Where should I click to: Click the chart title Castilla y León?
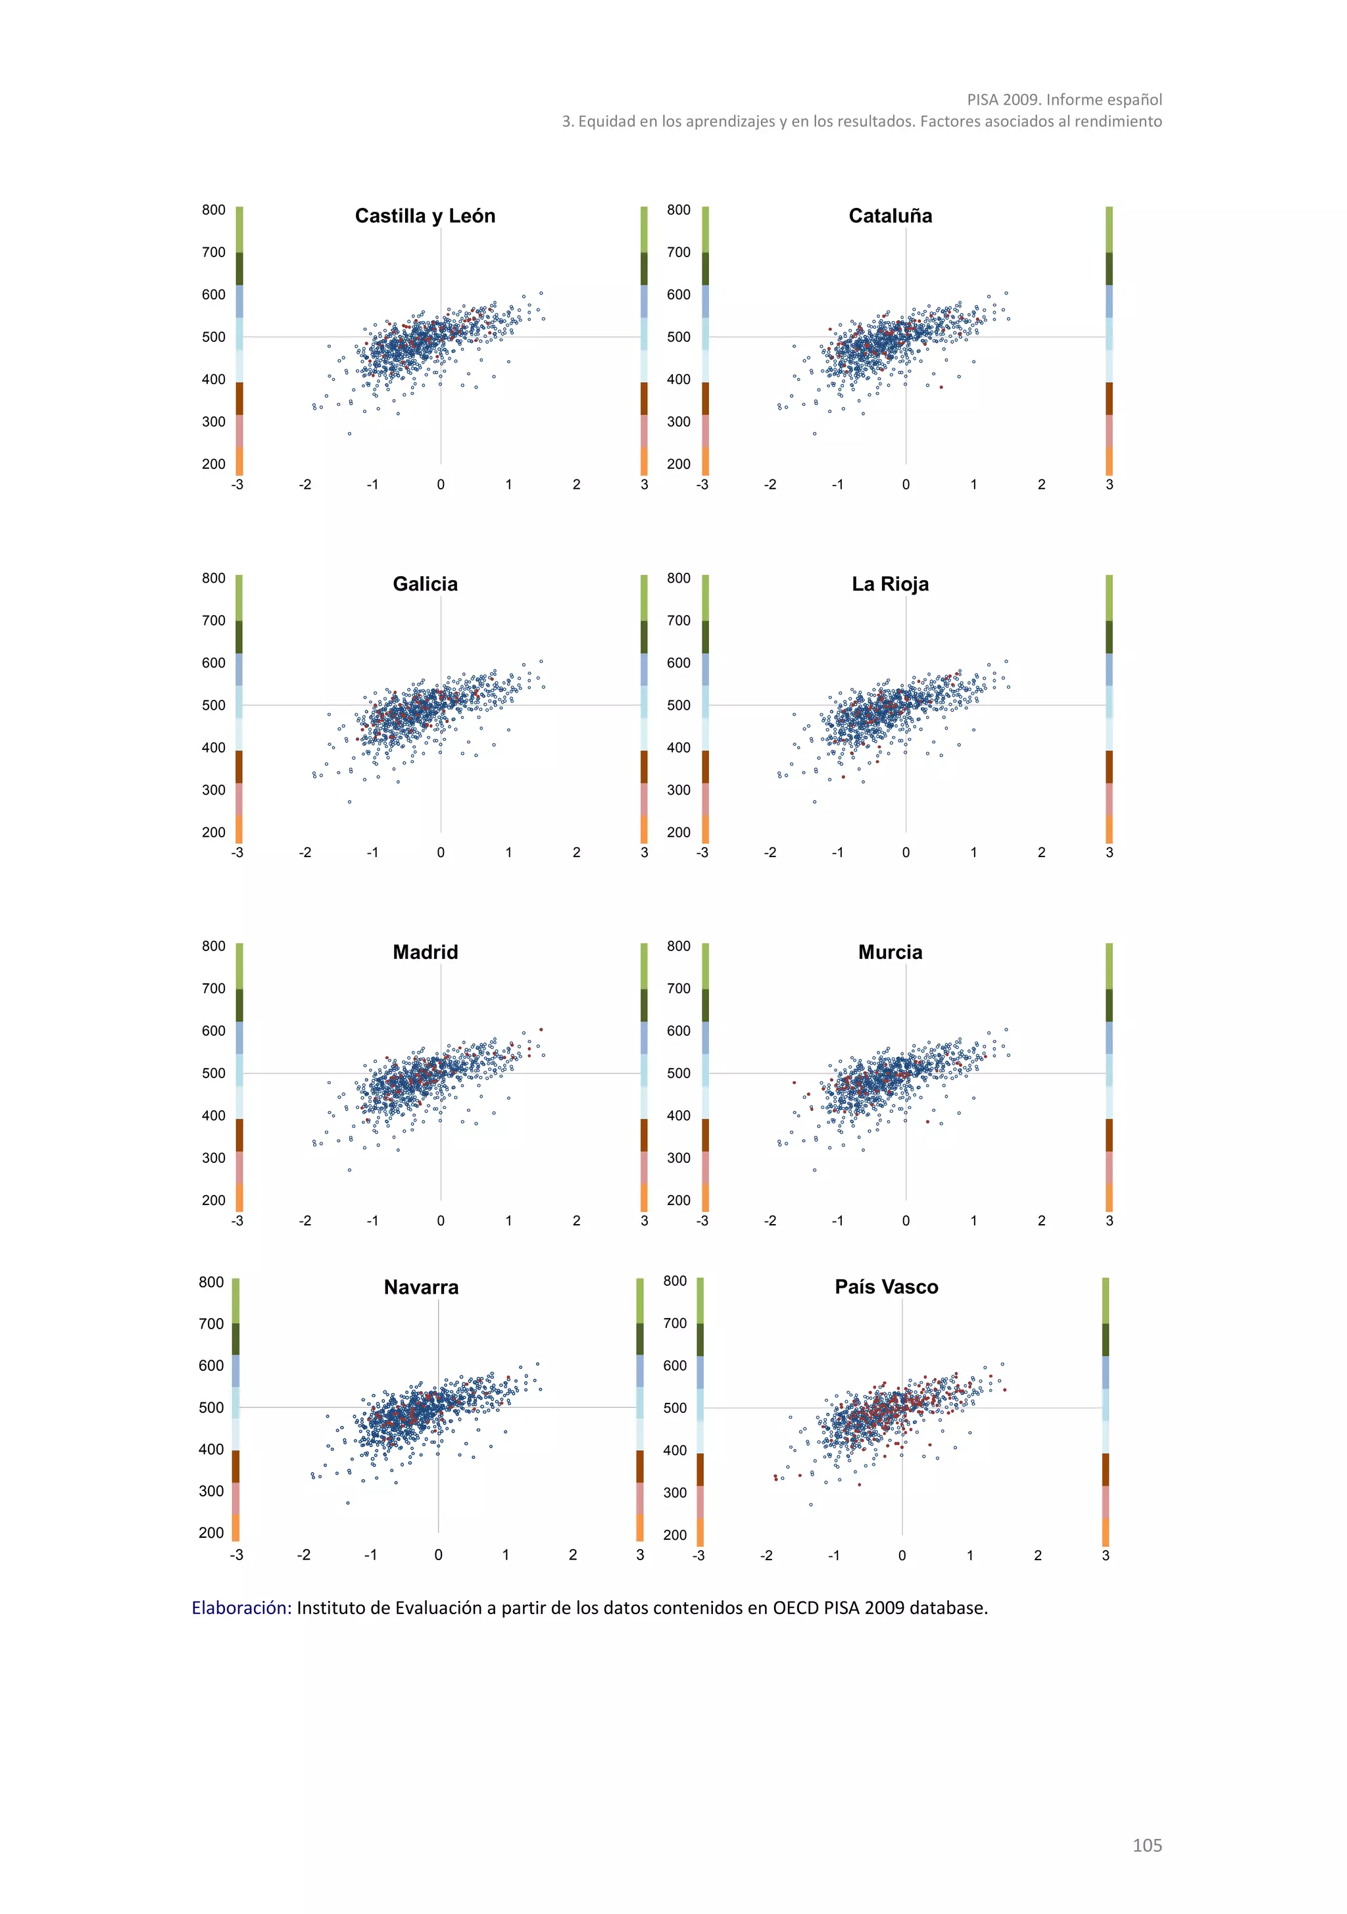(425, 216)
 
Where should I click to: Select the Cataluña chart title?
(891, 216)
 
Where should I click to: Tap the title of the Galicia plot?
(425, 583)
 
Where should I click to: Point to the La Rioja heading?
(891, 583)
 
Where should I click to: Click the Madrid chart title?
(425, 952)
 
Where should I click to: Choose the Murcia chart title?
(891, 952)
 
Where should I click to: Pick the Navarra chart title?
(421, 1287)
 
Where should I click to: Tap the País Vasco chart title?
(886, 1287)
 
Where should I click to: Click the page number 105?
(1146, 1845)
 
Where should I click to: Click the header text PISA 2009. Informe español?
(1064, 99)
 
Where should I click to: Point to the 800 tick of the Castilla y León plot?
(213, 210)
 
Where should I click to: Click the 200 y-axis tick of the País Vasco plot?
(674, 1534)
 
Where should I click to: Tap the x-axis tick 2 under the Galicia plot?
(576, 852)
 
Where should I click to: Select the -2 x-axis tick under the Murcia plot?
(770, 1221)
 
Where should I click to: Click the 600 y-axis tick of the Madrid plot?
(213, 1031)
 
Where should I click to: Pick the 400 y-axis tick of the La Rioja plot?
(679, 748)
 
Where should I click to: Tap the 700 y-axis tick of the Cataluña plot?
(679, 252)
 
